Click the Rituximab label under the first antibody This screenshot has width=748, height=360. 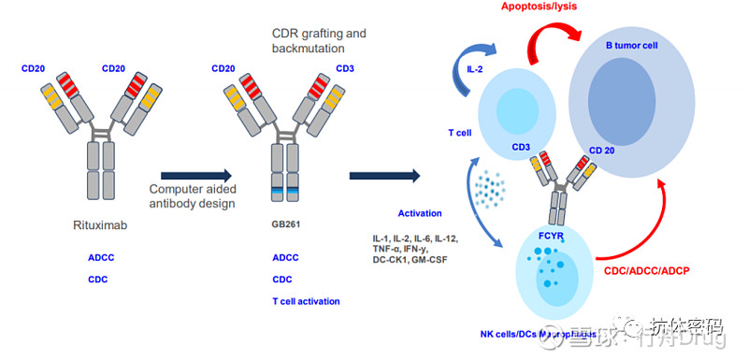[x=98, y=224]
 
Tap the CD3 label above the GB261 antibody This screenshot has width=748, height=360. [x=344, y=68]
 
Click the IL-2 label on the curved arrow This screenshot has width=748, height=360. [x=476, y=67]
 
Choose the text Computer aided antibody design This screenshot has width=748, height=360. [x=193, y=195]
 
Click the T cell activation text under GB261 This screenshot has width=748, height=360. [x=306, y=301]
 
